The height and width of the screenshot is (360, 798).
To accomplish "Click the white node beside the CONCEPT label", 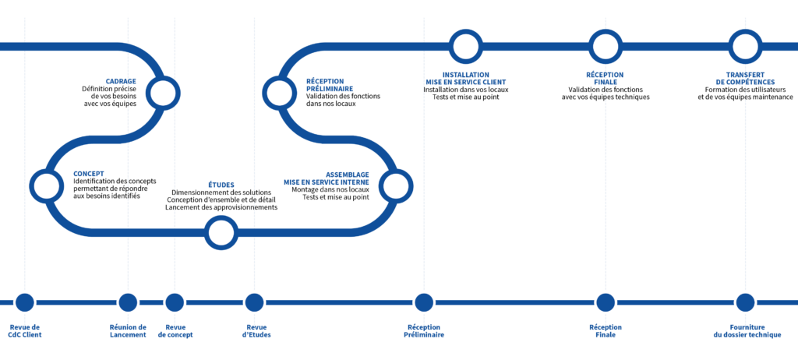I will coord(46,186).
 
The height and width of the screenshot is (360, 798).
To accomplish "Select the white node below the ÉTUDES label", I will coord(221,232).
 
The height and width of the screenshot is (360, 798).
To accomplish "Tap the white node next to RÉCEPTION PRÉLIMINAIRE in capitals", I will coord(278,93).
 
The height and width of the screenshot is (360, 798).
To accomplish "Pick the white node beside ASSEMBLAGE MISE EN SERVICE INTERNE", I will coord(395,186).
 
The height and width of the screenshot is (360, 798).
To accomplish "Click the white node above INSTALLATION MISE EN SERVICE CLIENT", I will coord(465,46).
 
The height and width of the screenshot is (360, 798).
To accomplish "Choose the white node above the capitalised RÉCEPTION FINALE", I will coord(606,46).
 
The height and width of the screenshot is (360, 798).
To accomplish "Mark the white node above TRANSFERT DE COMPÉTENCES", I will coord(745,46).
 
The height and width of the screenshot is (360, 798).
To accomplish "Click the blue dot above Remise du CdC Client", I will coord(25,302).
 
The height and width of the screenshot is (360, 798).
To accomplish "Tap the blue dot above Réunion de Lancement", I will coord(128,302).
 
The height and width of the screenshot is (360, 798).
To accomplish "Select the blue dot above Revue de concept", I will coord(175,302).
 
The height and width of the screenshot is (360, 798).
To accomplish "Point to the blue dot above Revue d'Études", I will coord(254,302).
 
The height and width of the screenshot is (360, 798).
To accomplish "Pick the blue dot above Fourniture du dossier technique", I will coord(745,302).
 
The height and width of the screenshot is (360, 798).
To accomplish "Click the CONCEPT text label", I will coord(88,174).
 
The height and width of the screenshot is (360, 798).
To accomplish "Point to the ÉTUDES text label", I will coord(221,185).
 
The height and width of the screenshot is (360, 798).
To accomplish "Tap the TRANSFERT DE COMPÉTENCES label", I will coord(745,78).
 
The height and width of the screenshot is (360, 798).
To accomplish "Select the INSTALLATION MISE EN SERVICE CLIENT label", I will coord(465,78).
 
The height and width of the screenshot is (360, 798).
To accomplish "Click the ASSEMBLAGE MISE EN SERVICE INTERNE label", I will coord(327,178).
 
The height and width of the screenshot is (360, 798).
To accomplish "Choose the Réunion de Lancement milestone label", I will coord(128,330).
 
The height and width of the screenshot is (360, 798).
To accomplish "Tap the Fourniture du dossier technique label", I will coord(746,330).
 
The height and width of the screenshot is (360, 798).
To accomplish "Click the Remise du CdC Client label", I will coord(25,330).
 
